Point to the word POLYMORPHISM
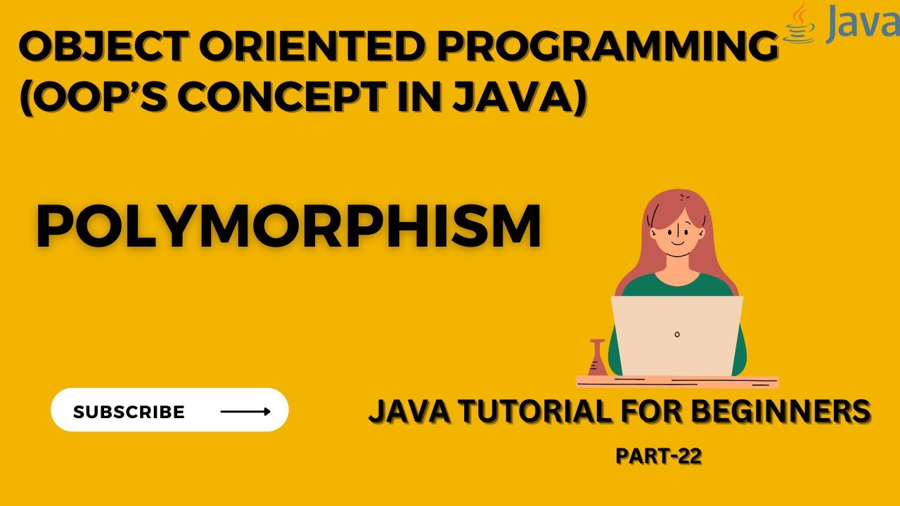point(288,226)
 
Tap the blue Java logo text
point(862,25)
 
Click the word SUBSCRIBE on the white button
point(129,412)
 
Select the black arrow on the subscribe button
point(245,412)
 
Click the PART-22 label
point(659,456)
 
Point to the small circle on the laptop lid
point(677,335)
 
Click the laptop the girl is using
point(677,337)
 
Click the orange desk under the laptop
point(677,382)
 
